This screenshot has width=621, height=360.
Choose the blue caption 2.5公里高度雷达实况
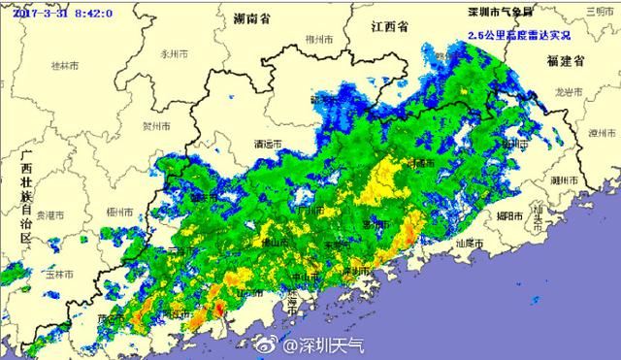pyautogui.click(x=519, y=35)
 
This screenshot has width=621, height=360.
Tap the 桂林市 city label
pyautogui.click(x=63, y=68)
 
